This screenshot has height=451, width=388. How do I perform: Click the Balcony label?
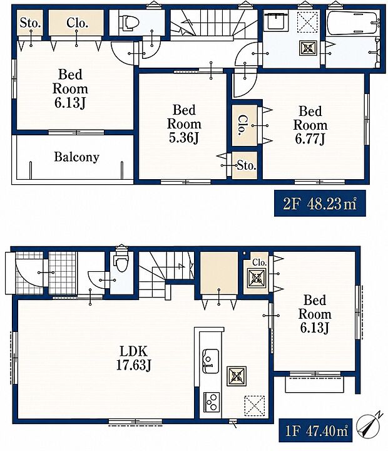tap(76, 157)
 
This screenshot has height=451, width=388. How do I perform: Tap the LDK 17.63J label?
tap(134, 358)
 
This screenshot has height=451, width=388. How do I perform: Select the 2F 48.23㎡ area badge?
tap(320, 203)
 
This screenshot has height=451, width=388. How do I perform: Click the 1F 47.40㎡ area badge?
tap(315, 430)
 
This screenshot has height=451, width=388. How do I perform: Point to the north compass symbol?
tap(369, 425)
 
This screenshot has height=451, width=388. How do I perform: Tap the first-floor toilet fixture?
tap(121, 261)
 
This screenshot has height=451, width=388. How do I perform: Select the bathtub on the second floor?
tap(352, 23)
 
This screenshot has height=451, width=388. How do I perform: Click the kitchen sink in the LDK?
tap(211, 361)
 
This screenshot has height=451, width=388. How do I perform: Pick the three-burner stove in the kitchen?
tap(212, 402)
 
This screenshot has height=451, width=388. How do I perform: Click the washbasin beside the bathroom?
tap(276, 20)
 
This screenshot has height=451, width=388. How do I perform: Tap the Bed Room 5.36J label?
tap(184, 124)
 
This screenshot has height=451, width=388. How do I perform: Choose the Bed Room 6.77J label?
tap(310, 125)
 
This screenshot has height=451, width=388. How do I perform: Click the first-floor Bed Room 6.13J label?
tap(315, 314)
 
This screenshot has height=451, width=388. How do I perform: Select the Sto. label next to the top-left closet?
tap(29, 23)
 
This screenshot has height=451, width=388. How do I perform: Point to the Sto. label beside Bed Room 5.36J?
tap(247, 165)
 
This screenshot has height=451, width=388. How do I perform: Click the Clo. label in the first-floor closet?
tap(259, 262)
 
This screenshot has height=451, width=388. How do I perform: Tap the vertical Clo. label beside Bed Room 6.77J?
tap(243, 125)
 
